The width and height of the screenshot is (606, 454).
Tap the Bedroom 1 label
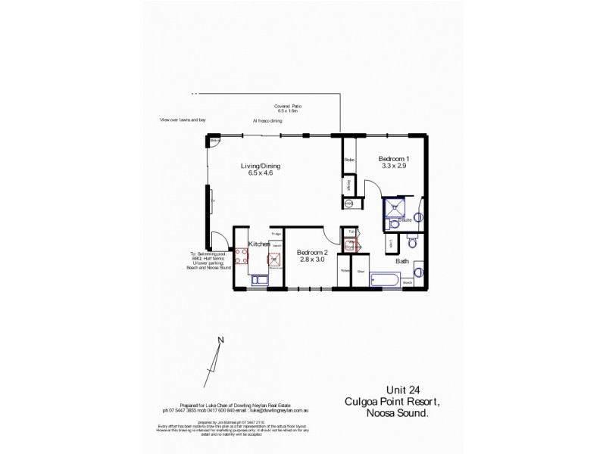point(394,157)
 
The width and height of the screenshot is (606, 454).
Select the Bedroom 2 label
point(312,251)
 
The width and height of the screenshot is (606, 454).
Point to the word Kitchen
point(260,244)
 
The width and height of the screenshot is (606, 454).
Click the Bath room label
point(402,261)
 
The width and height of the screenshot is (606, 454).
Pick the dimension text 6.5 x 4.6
point(260,173)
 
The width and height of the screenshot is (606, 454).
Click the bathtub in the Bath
point(386,281)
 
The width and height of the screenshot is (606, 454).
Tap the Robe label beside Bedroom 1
point(350,160)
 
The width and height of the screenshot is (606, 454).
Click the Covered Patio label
point(288,107)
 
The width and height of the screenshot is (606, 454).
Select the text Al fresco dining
point(267,120)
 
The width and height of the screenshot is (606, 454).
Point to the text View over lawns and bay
point(183,120)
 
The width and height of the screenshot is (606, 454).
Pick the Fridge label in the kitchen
point(276,233)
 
